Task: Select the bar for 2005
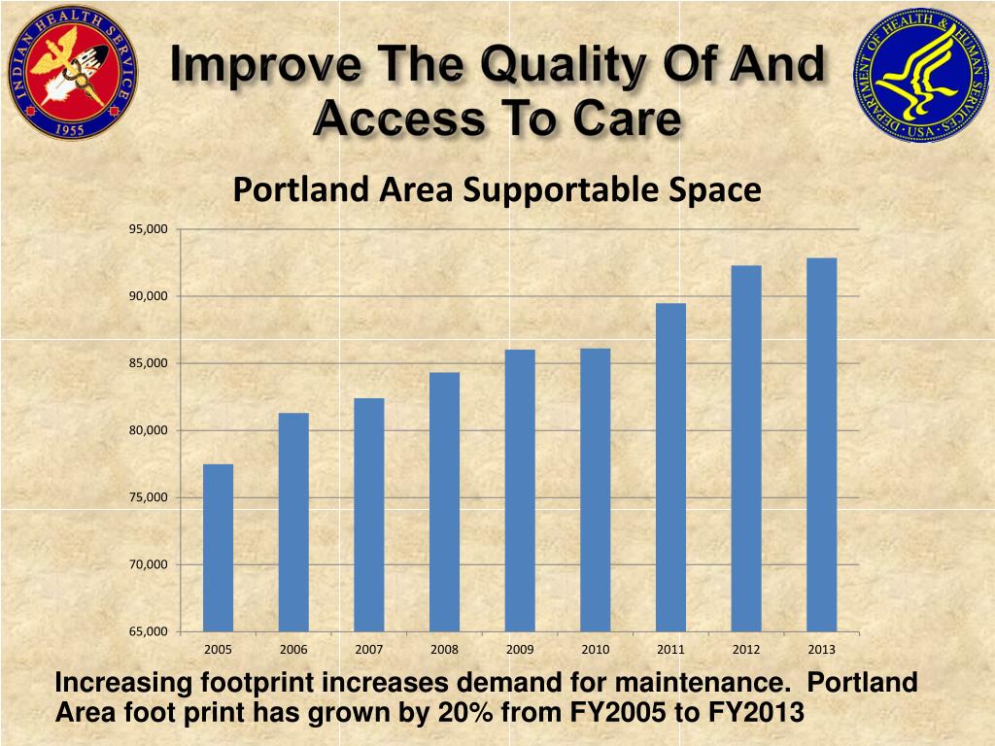pos(218,548)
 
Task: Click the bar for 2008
pos(444,502)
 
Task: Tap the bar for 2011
pos(670,467)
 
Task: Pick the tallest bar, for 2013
pos(821,445)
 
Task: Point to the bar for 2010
pos(595,490)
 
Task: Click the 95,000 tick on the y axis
pos(149,229)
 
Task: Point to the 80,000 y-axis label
pos(149,430)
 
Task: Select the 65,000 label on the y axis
pos(149,632)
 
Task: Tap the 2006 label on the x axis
pos(293,649)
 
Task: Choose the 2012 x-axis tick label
pos(746,649)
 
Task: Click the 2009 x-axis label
pos(520,649)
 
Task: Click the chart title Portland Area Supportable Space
pos(497,190)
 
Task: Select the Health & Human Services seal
pos(920,76)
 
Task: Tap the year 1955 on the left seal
pos(71,126)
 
